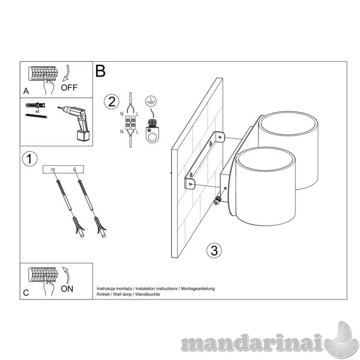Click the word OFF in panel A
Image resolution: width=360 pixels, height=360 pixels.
[69, 87]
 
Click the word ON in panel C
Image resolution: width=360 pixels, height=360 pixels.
[67, 288]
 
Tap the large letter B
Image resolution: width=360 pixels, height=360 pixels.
[100, 71]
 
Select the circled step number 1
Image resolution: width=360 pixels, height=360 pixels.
[30, 159]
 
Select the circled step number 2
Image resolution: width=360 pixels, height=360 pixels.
[111, 102]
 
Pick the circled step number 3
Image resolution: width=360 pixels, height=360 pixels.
[214, 250]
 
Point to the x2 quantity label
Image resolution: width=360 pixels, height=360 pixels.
[37, 111]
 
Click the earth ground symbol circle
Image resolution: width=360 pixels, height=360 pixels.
[151, 101]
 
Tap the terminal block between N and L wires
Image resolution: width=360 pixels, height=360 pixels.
[131, 122]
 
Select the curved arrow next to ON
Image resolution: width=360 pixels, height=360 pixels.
[66, 275]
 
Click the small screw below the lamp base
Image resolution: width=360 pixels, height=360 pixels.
[217, 201]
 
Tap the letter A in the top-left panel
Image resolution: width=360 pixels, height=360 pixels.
[26, 91]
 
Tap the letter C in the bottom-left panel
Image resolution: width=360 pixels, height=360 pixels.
[26, 293]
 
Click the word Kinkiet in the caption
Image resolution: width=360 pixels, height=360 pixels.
[103, 294]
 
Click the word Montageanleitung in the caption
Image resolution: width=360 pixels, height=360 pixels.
[198, 288]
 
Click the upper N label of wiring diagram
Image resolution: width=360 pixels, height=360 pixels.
[122, 114]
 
